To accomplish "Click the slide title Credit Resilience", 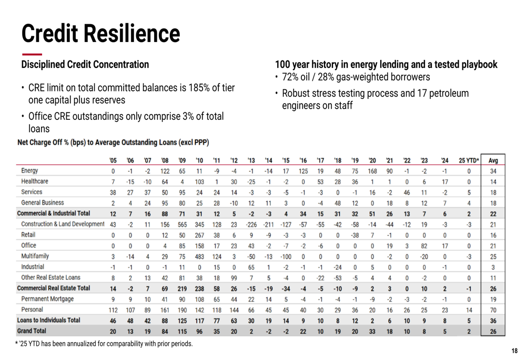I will (x=100, y=33).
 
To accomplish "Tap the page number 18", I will (x=514, y=351).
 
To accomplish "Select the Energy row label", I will (x=29, y=171).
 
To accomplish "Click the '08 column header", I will (x=165, y=160).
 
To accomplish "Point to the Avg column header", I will (x=493, y=160).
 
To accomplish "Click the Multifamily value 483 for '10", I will (x=199, y=256).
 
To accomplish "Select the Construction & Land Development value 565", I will (x=182, y=224).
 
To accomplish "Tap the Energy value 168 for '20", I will (x=372, y=171).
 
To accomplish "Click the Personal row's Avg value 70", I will (x=493, y=310).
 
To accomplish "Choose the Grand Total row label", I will (x=32, y=331).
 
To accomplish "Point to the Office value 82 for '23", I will (x=424, y=245).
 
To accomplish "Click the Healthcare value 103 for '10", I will (x=199, y=181).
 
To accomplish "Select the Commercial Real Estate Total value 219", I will (x=182, y=289).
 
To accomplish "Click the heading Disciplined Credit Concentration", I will (x=85, y=65).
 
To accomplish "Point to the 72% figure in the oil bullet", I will (x=291, y=77).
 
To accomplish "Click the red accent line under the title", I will (x=32, y=54).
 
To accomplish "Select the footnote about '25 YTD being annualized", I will (x=104, y=344).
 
